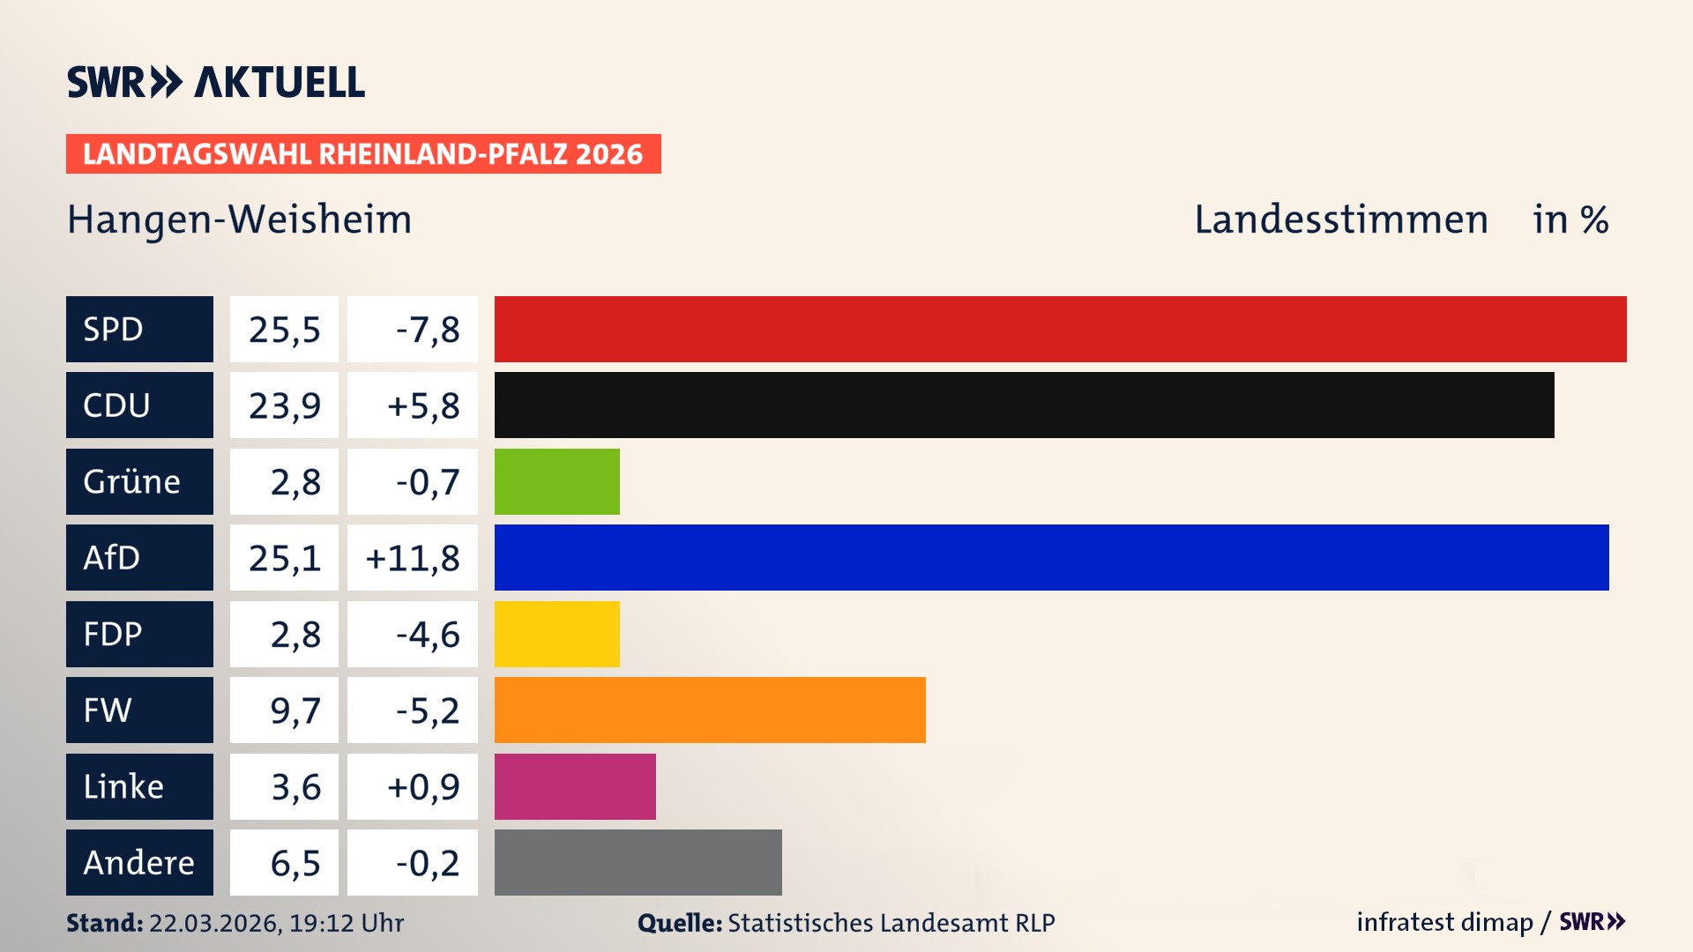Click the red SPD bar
(x=1060, y=329)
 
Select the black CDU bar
(x=1024, y=405)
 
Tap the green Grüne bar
(x=556, y=481)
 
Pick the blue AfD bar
(x=1051, y=557)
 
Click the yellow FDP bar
(x=556, y=634)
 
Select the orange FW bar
(x=710, y=710)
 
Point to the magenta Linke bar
(x=575, y=786)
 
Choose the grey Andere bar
(x=638, y=862)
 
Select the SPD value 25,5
(x=284, y=330)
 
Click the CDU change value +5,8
(x=422, y=405)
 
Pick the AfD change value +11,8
(x=413, y=558)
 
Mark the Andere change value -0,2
(x=427, y=863)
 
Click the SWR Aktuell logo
(x=216, y=82)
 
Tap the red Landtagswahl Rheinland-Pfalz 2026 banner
(x=363, y=154)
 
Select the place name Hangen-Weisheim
(x=240, y=219)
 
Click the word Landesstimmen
(x=1340, y=219)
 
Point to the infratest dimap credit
(x=1444, y=922)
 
